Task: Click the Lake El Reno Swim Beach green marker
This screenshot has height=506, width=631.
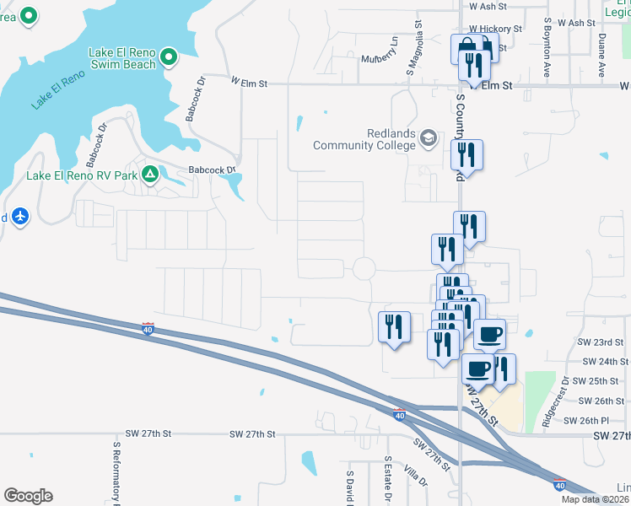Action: [168, 57]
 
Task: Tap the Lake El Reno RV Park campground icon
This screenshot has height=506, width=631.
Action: [150, 175]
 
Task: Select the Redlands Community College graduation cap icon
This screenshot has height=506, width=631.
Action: [429, 137]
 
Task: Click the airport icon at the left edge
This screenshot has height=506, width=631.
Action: [21, 217]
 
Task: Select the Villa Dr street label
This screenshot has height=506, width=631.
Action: [415, 476]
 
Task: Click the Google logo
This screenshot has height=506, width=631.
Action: [28, 496]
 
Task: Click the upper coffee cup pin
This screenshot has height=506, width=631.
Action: [490, 334]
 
